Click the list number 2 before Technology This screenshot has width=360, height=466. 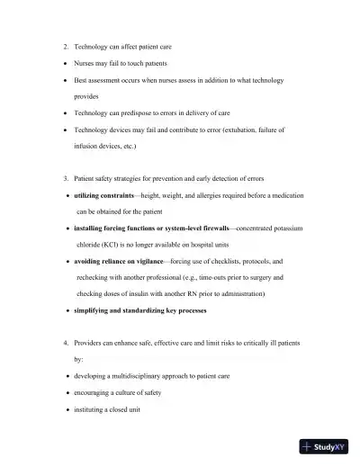(66, 45)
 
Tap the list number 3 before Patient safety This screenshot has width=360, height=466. (66, 178)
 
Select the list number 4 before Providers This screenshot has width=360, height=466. (66, 344)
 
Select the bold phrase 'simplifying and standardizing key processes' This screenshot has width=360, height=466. (139, 311)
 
